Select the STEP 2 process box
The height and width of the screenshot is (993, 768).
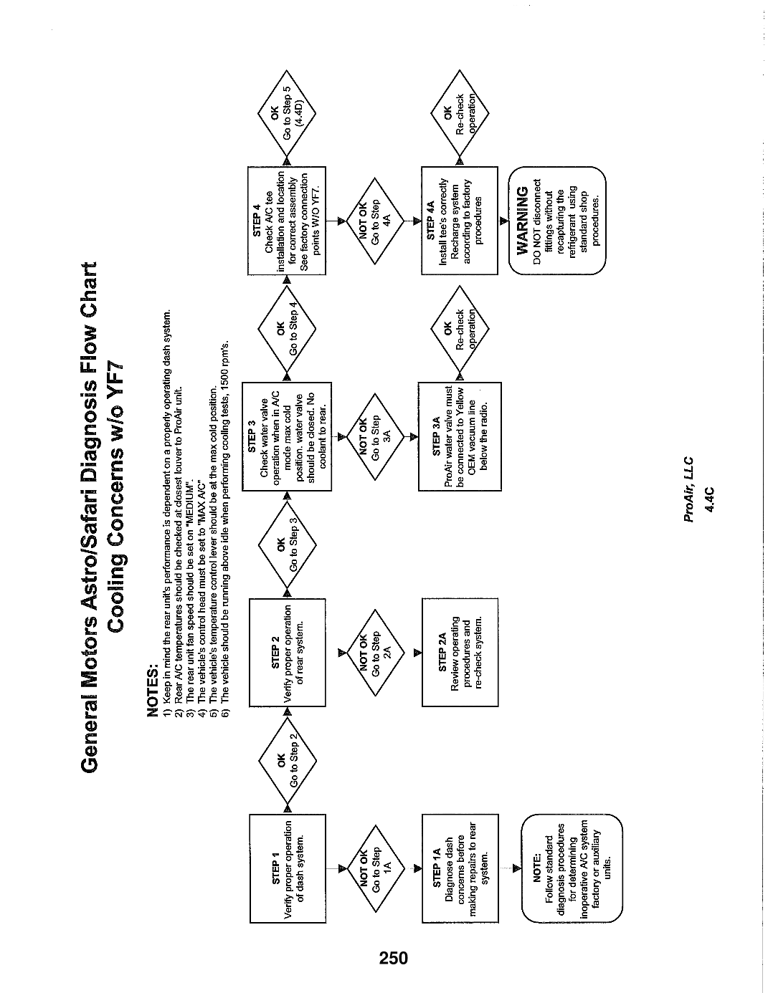288,653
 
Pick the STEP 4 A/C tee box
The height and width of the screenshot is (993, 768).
287,221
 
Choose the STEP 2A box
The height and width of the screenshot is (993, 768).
460,653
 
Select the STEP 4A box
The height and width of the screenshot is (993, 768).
459,221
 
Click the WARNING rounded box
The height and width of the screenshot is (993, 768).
557,221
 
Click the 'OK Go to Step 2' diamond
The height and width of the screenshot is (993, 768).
288,760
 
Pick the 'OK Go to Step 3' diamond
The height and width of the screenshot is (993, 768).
288,545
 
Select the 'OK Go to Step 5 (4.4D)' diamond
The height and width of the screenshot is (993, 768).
287,113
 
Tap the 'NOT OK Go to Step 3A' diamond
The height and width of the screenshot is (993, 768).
375,437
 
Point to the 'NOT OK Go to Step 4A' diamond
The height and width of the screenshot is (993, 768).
375,221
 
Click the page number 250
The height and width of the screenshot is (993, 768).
394,958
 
